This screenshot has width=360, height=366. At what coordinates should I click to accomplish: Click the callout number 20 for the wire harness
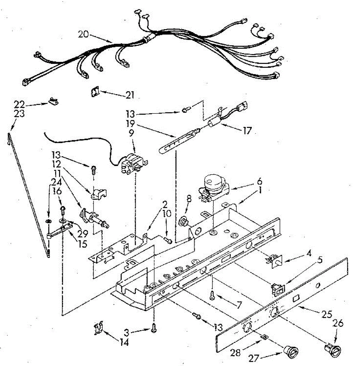pos(83,34)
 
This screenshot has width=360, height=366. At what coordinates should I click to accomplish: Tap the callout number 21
pos(130,95)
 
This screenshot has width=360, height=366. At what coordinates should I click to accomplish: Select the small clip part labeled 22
pos(54,101)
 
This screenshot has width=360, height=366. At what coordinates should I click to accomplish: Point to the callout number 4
pos(309,253)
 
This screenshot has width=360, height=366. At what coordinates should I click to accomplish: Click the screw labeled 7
pos(211,295)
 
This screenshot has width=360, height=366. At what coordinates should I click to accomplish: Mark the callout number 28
pos(236,352)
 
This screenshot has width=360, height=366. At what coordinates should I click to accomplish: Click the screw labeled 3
pos(154,329)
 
